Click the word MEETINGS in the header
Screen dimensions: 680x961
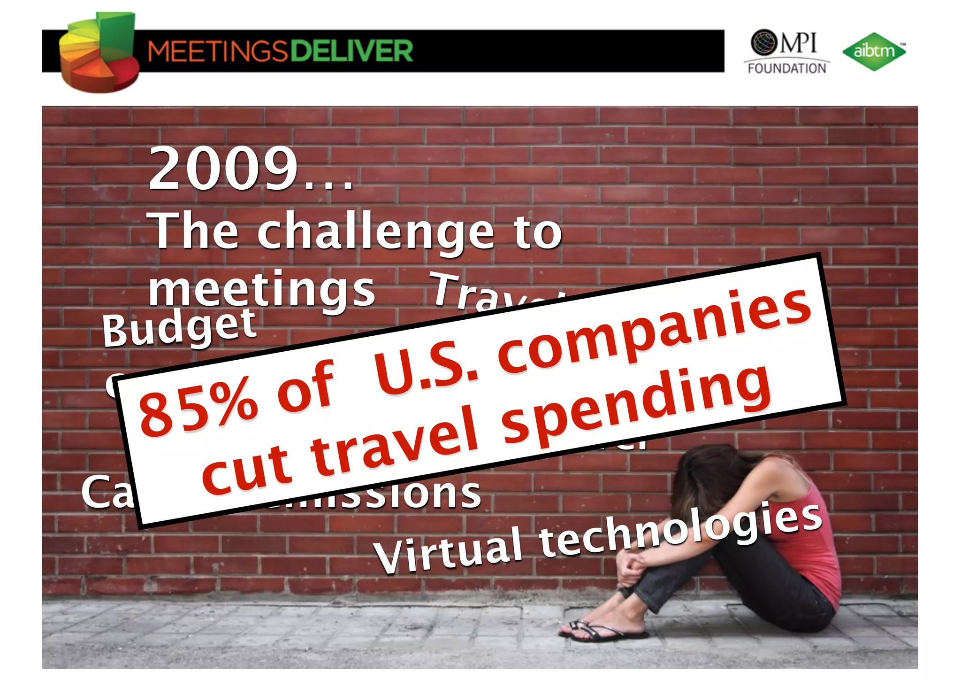pos(217,51)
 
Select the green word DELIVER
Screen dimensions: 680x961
pos(351,51)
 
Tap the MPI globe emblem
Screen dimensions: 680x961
pos(764,42)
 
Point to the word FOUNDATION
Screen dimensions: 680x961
pos(787,69)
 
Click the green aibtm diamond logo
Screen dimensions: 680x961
pos(874,51)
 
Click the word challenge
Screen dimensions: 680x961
pos(375,231)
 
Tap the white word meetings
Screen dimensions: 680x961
pos(261,289)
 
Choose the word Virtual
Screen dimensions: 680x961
pos(449,549)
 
